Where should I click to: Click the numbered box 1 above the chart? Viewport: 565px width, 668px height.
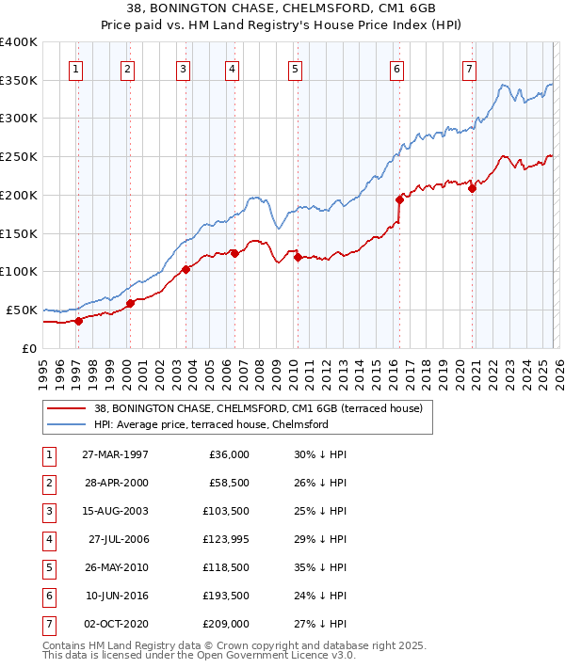(75, 68)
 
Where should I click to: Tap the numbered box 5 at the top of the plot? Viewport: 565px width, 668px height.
(296, 68)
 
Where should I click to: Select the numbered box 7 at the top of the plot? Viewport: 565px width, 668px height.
(469, 68)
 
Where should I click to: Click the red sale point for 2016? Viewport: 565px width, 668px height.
(399, 199)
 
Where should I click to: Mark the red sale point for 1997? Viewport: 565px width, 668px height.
(79, 321)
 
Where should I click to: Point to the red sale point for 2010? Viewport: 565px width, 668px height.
(297, 257)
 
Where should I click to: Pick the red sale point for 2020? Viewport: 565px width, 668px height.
(472, 188)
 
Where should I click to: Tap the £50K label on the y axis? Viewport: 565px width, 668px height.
(22, 310)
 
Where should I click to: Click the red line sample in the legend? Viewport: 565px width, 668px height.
(66, 408)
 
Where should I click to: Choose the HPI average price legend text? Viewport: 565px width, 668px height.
(210, 424)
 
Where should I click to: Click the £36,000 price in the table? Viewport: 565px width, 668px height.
(227, 454)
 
